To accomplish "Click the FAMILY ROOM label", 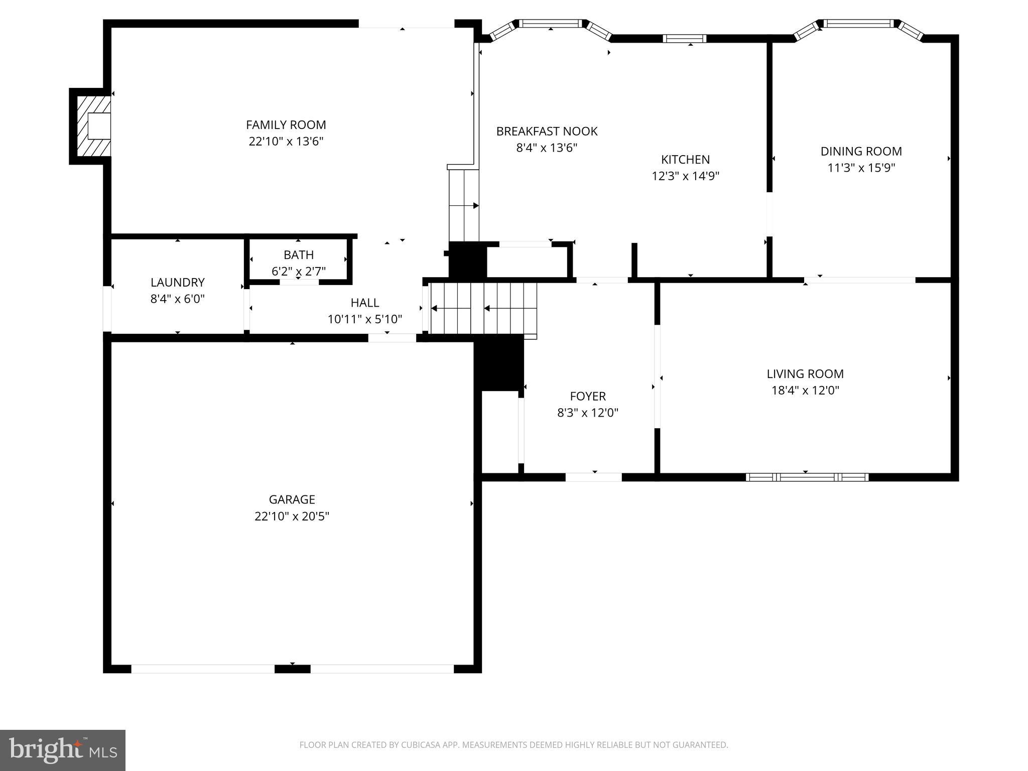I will tap(286, 125).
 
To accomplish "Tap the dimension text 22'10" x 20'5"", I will tap(292, 516).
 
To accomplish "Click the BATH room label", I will tap(299, 254).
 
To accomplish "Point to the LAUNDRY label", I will tap(178, 282).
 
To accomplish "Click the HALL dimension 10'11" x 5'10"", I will tap(365, 319).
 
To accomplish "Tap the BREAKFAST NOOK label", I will tap(547, 131).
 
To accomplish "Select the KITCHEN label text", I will tap(685, 160).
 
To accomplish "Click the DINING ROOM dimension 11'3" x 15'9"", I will tap(861, 168).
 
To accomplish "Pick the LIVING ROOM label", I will tap(805, 374).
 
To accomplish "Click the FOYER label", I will tap(588, 397).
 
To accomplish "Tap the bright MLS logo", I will tap(63, 750).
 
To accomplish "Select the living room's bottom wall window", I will tap(807, 477).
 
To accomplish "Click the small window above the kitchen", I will tap(685, 39).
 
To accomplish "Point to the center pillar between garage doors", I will tap(292, 669).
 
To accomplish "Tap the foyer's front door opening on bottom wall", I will tap(593, 477).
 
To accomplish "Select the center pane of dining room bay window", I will tap(860, 23).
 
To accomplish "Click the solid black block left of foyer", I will tap(499, 362).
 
